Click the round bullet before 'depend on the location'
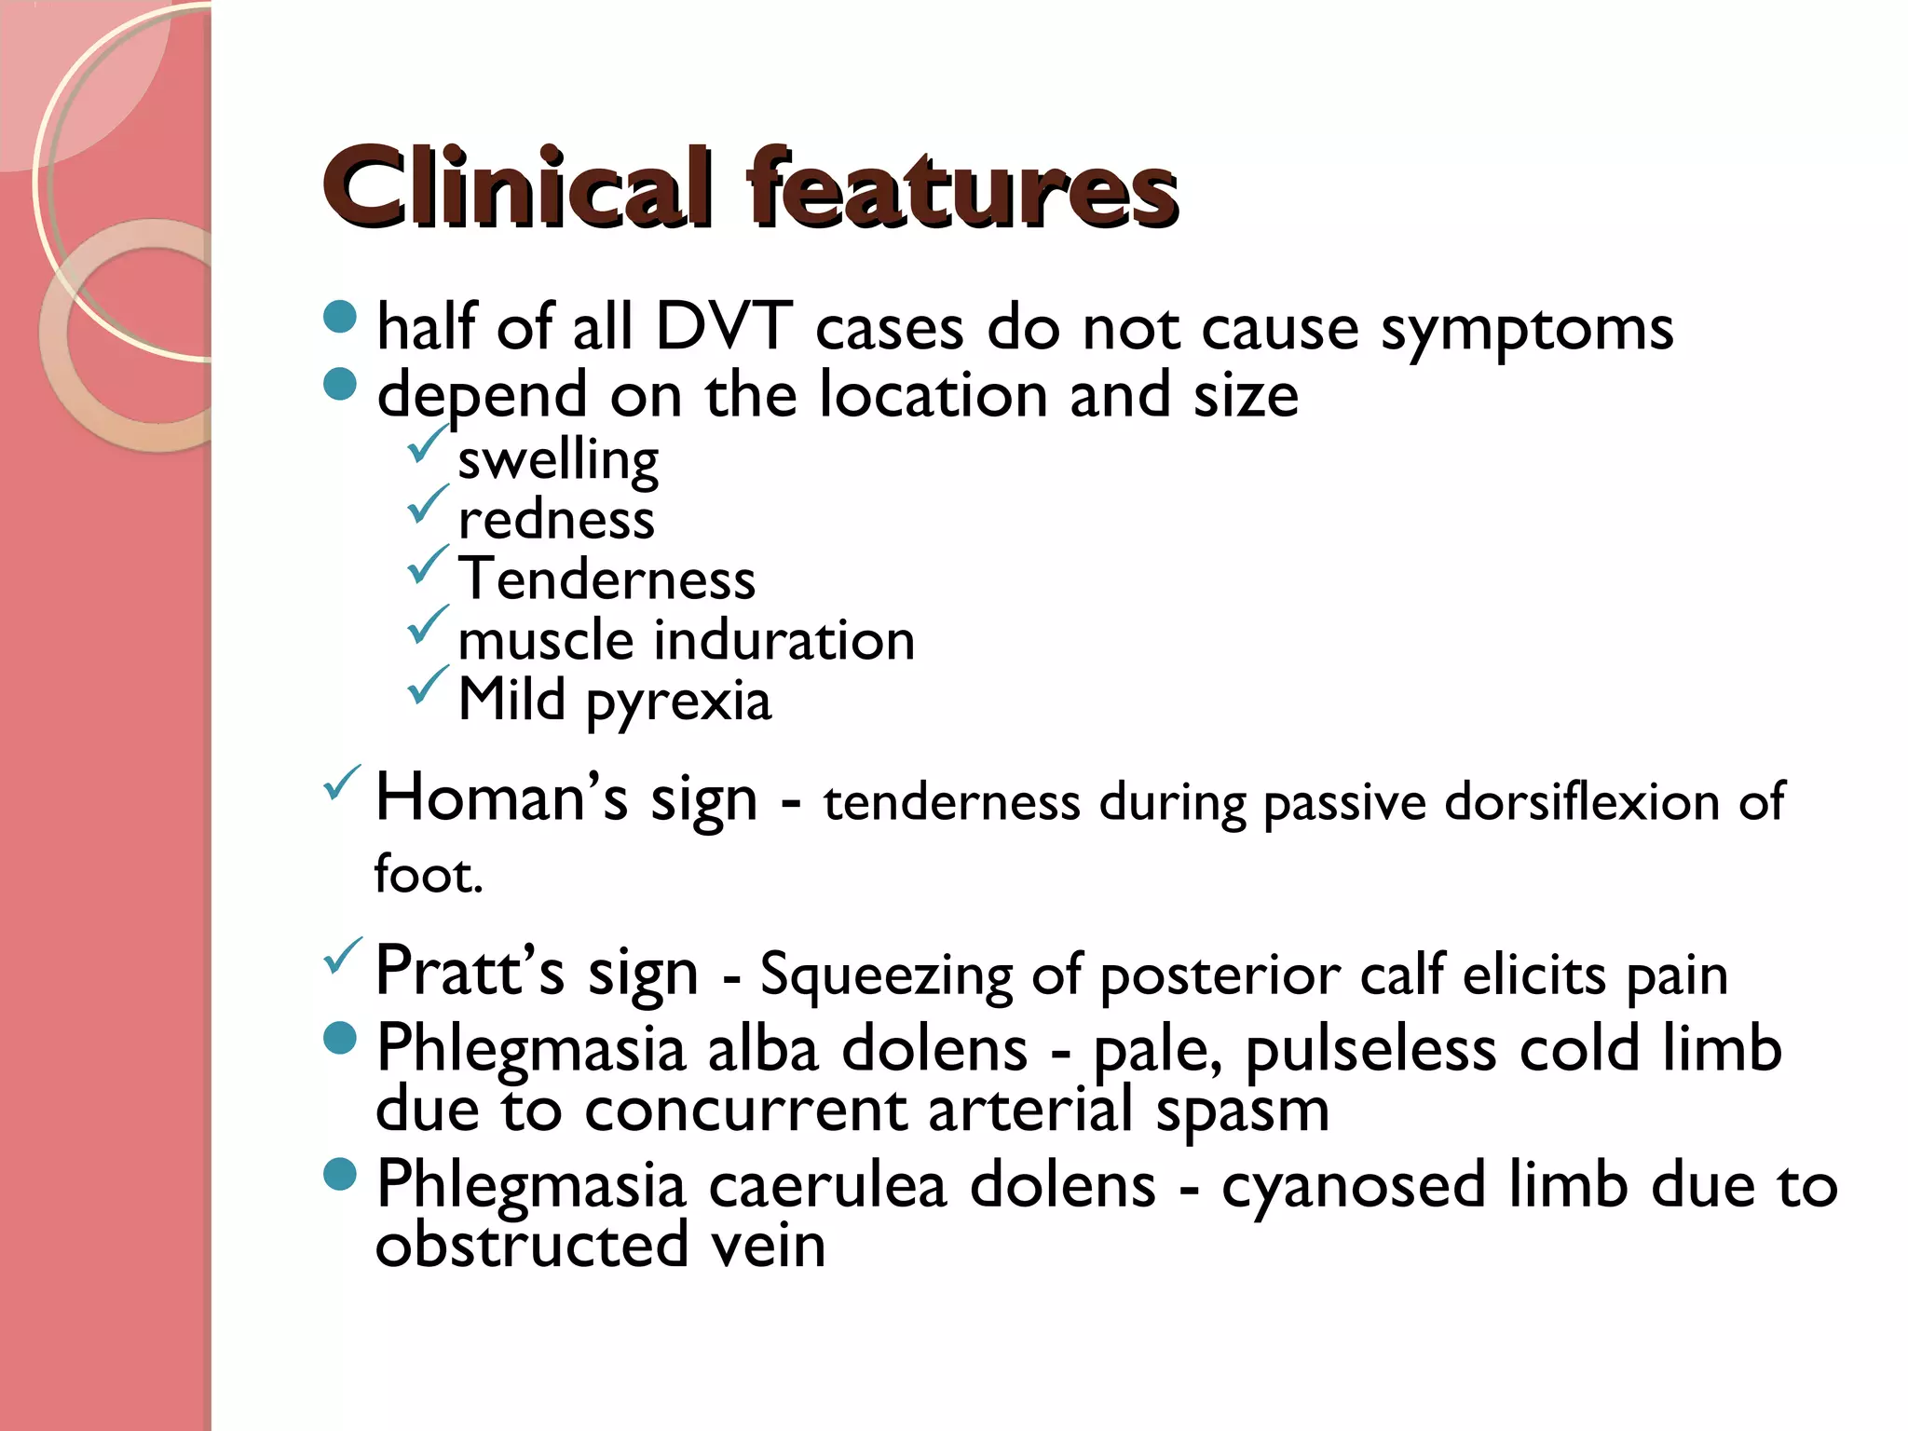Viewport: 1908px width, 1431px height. pyautogui.click(x=340, y=383)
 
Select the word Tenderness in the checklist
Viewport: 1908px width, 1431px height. pyautogui.click(x=606, y=579)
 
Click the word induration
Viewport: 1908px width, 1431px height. pyautogui.click(x=784, y=641)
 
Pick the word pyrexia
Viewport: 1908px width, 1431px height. pyautogui.click(x=678, y=702)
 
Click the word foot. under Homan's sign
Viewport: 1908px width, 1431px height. pyautogui.click(x=429, y=876)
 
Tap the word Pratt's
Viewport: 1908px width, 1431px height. pyautogui.click(x=470, y=971)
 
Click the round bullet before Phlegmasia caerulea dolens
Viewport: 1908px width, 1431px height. pyautogui.click(x=340, y=1173)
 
